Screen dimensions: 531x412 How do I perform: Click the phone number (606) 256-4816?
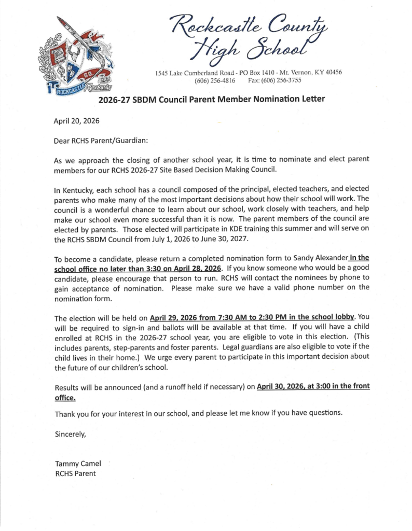(x=214, y=80)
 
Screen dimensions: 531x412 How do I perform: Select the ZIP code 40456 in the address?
(x=331, y=72)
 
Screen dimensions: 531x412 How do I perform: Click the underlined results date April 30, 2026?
(x=283, y=387)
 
